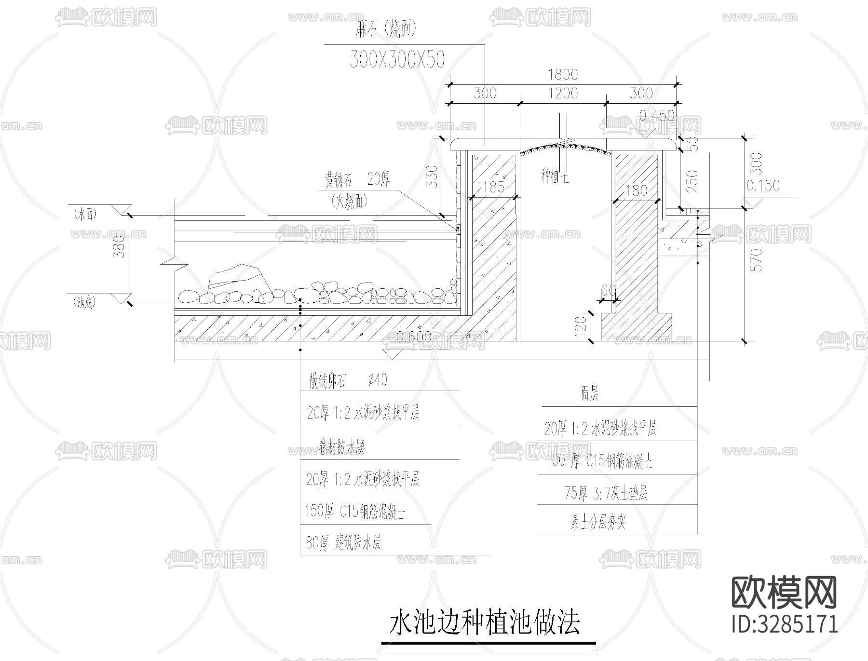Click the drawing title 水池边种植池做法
coord(485,623)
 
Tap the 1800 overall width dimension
coord(563,75)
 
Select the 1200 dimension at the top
coord(563,93)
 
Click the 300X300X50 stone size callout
coord(396,59)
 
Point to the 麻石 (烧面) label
coord(385,30)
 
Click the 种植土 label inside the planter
coord(555,176)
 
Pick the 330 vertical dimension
coord(433,176)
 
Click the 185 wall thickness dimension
coord(493,187)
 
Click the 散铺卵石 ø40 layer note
coord(348,381)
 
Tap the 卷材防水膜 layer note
coord(342,447)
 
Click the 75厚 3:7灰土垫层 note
coord(606,493)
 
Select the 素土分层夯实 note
coord(598,523)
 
